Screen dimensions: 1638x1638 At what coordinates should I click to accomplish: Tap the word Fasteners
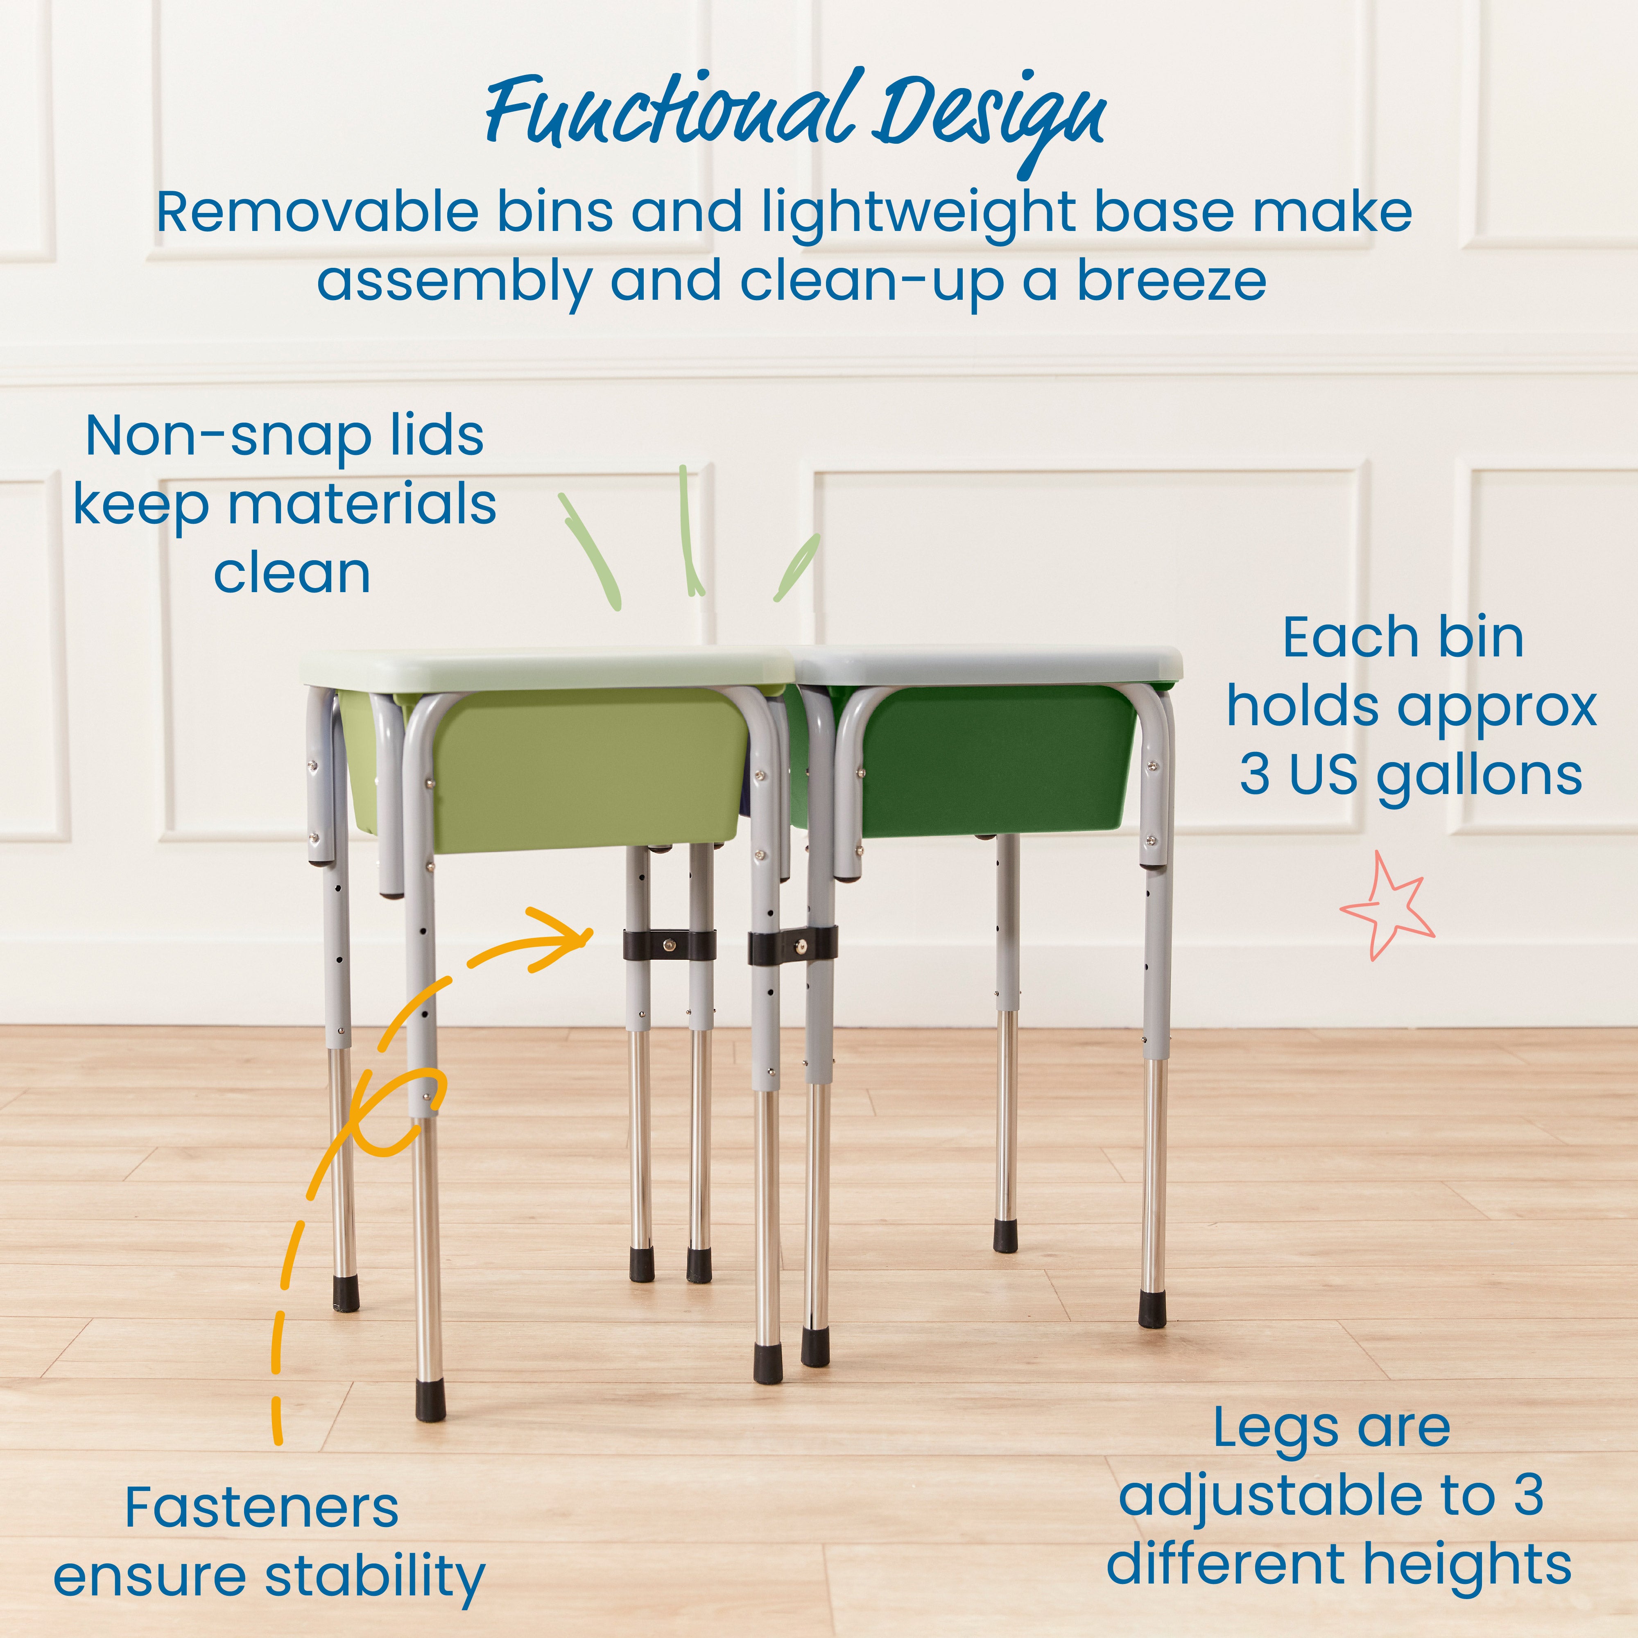(x=261, y=1508)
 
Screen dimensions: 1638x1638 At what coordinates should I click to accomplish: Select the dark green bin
(x=1000, y=759)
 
